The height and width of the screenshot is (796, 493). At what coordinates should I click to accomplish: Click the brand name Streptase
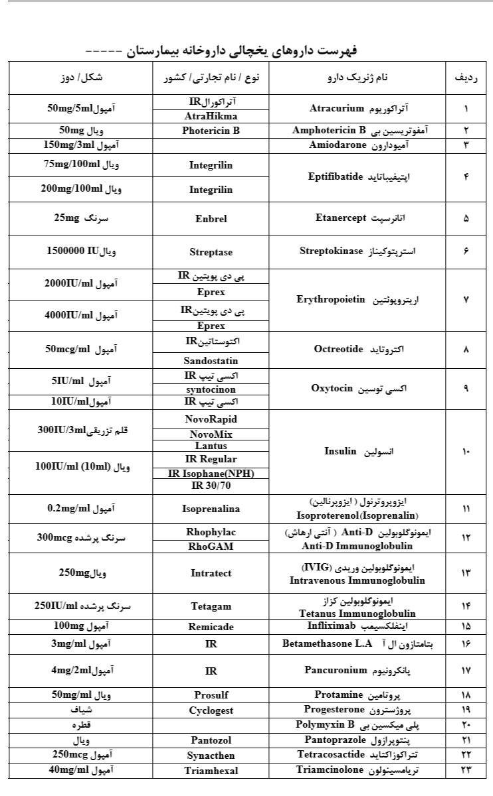click(x=211, y=252)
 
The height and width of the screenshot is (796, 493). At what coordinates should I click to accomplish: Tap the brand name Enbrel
click(x=211, y=218)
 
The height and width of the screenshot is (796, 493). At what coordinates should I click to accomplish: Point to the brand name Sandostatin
click(x=211, y=361)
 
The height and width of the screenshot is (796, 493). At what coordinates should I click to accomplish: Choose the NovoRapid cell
click(x=211, y=419)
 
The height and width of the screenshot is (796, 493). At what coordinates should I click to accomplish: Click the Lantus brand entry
click(x=211, y=446)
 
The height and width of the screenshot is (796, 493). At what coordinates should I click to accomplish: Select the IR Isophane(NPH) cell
click(x=211, y=473)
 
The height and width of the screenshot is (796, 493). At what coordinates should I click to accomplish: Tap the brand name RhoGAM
click(x=211, y=546)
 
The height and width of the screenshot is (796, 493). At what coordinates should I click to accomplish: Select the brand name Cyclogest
click(x=211, y=710)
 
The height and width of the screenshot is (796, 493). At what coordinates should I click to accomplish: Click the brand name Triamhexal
click(x=211, y=771)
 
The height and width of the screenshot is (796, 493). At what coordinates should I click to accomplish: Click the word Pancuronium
click(x=336, y=670)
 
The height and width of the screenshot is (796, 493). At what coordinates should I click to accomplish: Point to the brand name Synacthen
click(x=211, y=755)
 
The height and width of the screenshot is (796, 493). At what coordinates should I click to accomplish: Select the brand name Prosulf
click(x=211, y=695)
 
